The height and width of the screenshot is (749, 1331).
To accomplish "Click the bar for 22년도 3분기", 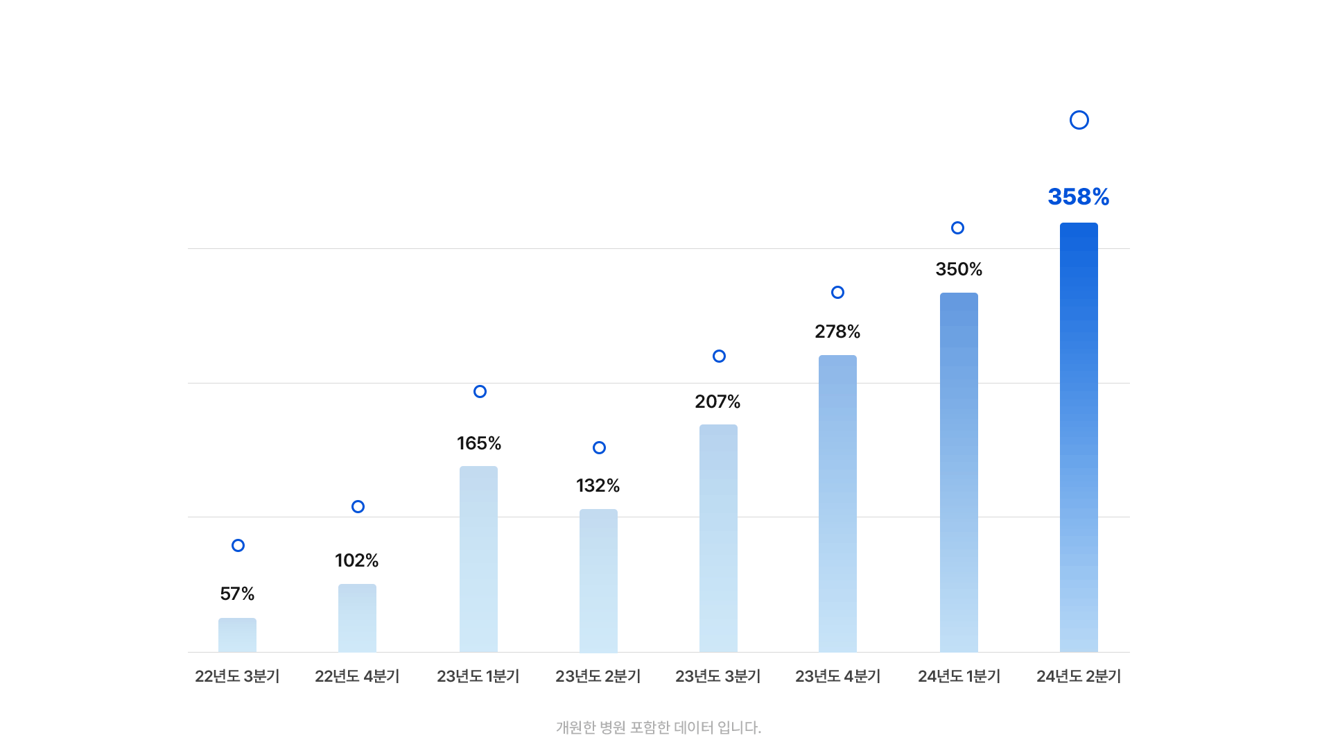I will click(x=237, y=635).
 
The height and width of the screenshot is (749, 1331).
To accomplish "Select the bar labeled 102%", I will click(x=357, y=618).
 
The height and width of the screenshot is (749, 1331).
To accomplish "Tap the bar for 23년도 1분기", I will click(x=478, y=559).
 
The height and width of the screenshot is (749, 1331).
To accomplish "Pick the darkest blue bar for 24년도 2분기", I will click(x=1079, y=437).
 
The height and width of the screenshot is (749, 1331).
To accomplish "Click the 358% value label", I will click(x=1079, y=197).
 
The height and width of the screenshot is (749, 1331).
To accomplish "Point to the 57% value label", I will click(x=237, y=594).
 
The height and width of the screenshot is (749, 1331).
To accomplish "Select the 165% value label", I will click(x=479, y=443).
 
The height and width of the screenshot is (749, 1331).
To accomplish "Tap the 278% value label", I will click(x=837, y=332).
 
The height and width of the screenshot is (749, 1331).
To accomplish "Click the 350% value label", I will click(x=959, y=269).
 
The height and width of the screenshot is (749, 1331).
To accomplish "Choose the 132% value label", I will click(x=598, y=485).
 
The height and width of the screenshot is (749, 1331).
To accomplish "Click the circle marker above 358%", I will click(x=1079, y=120).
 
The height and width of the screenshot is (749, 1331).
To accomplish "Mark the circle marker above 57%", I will click(x=238, y=545).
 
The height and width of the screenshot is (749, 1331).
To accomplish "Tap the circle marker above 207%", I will click(x=719, y=356).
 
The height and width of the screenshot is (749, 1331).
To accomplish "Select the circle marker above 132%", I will click(x=599, y=447).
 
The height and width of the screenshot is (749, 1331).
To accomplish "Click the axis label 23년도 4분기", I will click(x=837, y=676).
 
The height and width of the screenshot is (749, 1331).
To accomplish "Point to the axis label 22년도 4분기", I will click(x=357, y=676).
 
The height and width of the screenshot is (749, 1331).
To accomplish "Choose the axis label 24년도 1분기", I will click(x=959, y=676).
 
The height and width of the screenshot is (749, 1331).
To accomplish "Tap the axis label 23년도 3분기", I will click(x=717, y=676).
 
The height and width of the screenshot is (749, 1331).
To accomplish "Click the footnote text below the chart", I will click(x=659, y=728).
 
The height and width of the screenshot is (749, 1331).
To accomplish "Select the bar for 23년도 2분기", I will click(x=598, y=580).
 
